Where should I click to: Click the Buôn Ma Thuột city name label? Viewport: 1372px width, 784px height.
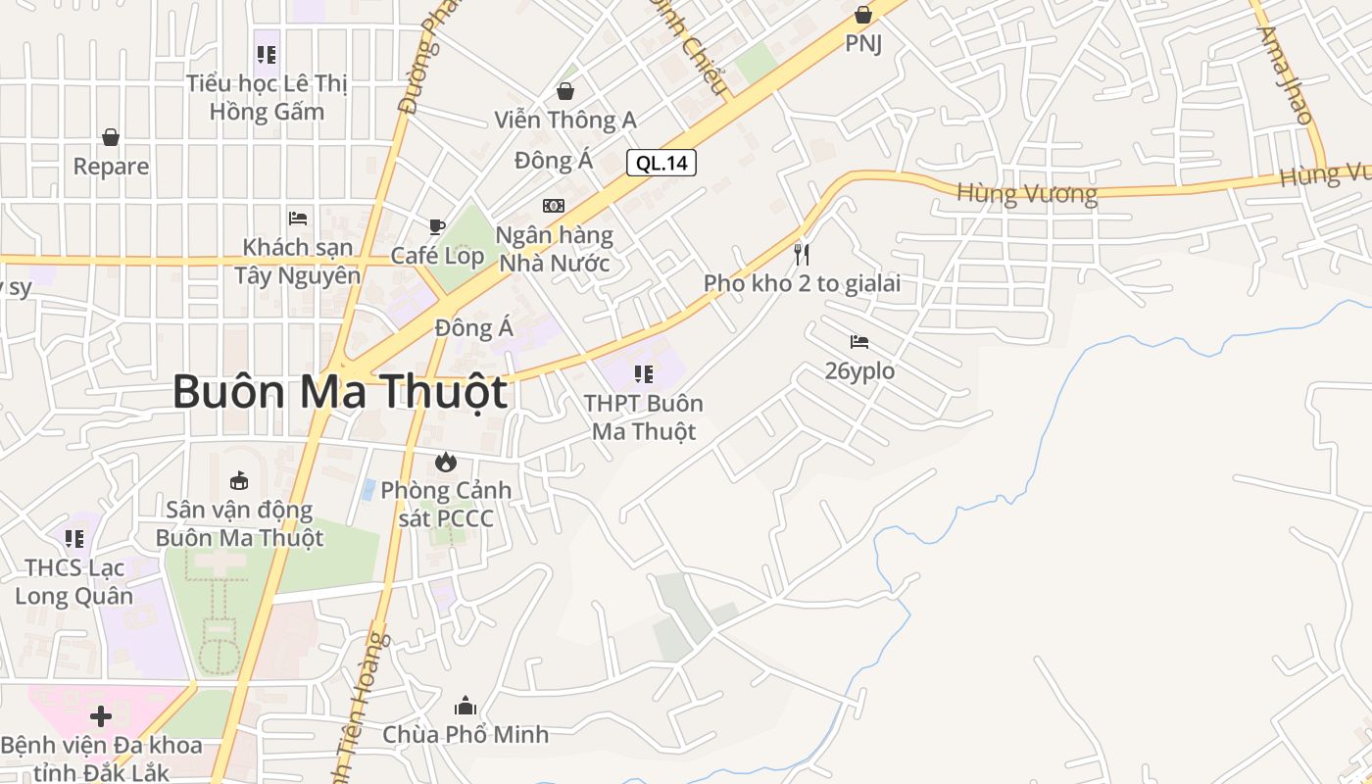click(340, 392)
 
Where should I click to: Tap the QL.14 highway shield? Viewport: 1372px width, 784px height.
click(661, 163)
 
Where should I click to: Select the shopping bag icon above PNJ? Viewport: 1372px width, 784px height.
click(863, 15)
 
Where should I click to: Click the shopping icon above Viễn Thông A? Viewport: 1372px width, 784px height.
click(565, 91)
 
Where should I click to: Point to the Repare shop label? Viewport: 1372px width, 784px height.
click(111, 167)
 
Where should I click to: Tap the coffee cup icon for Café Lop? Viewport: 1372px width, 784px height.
click(437, 226)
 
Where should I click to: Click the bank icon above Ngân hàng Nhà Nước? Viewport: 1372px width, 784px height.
click(554, 205)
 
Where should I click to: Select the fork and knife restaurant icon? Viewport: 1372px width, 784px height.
click(802, 255)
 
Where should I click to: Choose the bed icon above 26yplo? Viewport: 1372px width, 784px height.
click(859, 342)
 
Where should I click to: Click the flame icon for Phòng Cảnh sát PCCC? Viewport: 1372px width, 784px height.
click(446, 461)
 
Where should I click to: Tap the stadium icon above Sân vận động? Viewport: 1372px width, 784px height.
click(239, 480)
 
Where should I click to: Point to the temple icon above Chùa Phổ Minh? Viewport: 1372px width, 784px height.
click(465, 706)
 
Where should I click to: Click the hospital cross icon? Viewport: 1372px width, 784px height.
click(101, 716)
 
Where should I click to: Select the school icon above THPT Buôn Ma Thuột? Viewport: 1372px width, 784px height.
click(644, 373)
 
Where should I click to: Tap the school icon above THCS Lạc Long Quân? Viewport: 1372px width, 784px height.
click(74, 538)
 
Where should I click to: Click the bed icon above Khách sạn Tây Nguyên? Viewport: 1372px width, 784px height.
click(298, 218)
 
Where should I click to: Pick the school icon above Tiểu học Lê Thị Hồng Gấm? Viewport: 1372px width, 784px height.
click(267, 54)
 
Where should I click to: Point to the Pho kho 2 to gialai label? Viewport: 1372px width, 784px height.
click(802, 284)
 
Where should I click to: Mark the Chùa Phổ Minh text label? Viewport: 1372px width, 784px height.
click(465, 734)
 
